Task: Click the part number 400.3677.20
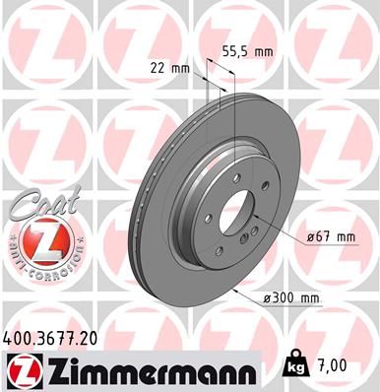tap(58, 335)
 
